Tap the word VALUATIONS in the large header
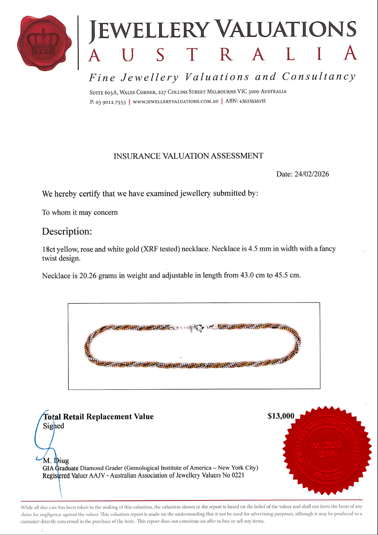(x=286, y=30)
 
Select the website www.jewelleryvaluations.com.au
(x=175, y=102)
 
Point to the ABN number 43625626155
(x=252, y=101)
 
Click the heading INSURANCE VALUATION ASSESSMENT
(x=188, y=156)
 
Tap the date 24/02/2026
(x=312, y=174)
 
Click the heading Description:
(x=67, y=231)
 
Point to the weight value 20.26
(x=88, y=276)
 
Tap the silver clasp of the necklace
(x=195, y=328)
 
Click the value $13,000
(x=281, y=416)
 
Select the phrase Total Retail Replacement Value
(x=99, y=417)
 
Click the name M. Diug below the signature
(x=56, y=461)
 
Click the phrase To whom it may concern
(x=80, y=212)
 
